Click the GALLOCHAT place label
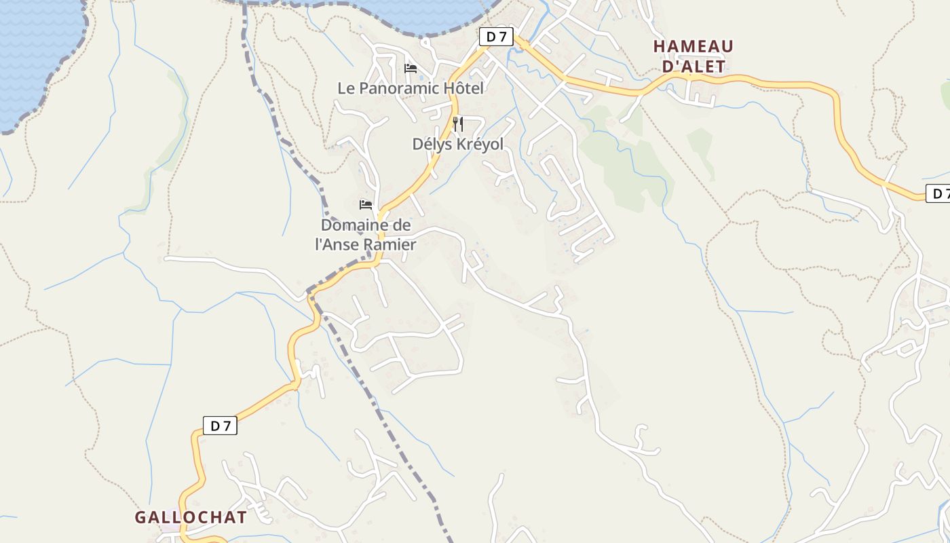pyautogui.click(x=191, y=517)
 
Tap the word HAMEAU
pyautogui.click(x=693, y=46)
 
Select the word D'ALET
pyautogui.click(x=693, y=67)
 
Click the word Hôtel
pyautogui.click(x=463, y=88)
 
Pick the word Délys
pyautogui.click(x=433, y=144)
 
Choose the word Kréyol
pyautogui.click(x=479, y=144)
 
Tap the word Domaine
pyautogui.click(x=355, y=225)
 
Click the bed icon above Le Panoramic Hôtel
pyautogui.click(x=410, y=68)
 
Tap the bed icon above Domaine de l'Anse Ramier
pyautogui.click(x=366, y=204)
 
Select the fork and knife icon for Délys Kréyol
pyautogui.click(x=458, y=124)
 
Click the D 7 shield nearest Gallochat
pyautogui.click(x=220, y=426)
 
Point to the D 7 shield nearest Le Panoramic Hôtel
pyautogui.click(x=496, y=37)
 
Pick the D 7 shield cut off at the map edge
pyautogui.click(x=938, y=193)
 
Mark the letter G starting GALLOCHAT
pyautogui.click(x=140, y=517)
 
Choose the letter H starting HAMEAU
pyautogui.click(x=659, y=46)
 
